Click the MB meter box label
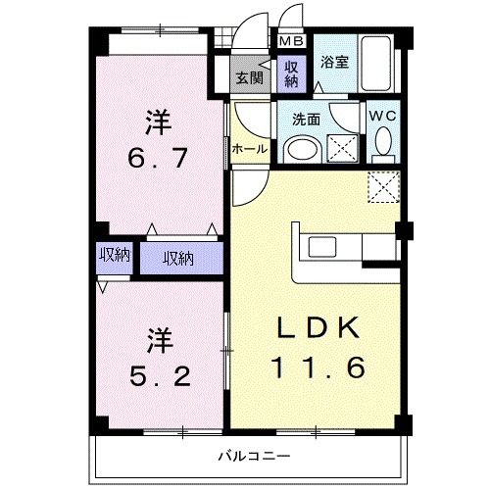click(292, 41)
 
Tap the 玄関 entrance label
click(250, 78)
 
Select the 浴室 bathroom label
click(334, 62)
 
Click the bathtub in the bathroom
click(375, 64)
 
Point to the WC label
click(382, 116)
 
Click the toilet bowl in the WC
click(383, 141)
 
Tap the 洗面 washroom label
click(306, 120)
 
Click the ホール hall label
click(249, 149)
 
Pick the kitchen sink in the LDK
click(322, 247)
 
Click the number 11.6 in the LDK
click(316, 367)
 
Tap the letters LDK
click(318, 327)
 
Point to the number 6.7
click(158, 158)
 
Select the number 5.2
click(160, 376)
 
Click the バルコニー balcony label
click(254, 456)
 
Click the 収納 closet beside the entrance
click(291, 74)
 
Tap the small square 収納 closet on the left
click(115, 258)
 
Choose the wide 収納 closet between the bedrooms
click(181, 258)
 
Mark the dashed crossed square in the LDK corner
click(384, 186)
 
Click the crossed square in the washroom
click(342, 148)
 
